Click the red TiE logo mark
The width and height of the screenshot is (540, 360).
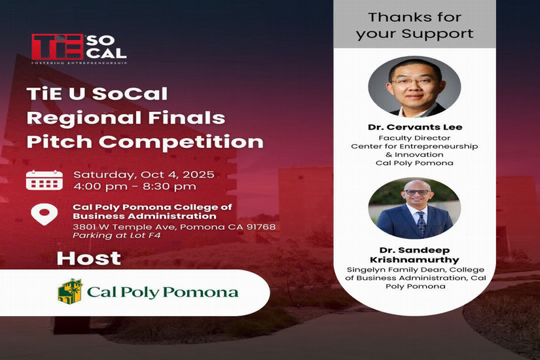pyautogui.click(x=58, y=47)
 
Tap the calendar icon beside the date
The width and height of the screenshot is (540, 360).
pyautogui.click(x=45, y=180)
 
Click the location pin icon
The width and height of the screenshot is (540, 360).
pyautogui.click(x=44, y=214)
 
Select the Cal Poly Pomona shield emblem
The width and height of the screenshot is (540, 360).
pyautogui.click(x=70, y=291)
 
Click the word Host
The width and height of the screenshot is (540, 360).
pyautogui.click(x=89, y=259)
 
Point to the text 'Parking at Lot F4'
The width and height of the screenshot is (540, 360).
pyautogui.click(x=117, y=236)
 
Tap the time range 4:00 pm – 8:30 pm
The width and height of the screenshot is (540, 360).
pyautogui.click(x=135, y=187)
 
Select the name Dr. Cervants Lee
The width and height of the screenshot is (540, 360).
pyautogui.click(x=415, y=127)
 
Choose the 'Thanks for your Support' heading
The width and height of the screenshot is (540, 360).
pyautogui.click(x=414, y=26)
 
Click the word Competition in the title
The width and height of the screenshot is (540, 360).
pyautogui.click(x=181, y=141)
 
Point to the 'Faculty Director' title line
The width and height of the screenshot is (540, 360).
pyautogui.click(x=414, y=138)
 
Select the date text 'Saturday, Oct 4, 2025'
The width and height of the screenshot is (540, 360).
pyautogui.click(x=144, y=175)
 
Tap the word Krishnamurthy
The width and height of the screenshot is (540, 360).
pyautogui.click(x=414, y=260)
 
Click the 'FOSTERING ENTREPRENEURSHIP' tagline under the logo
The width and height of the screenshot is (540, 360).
pyautogui.click(x=79, y=63)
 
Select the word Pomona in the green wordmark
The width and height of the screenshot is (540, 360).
pyautogui.click(x=200, y=292)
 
